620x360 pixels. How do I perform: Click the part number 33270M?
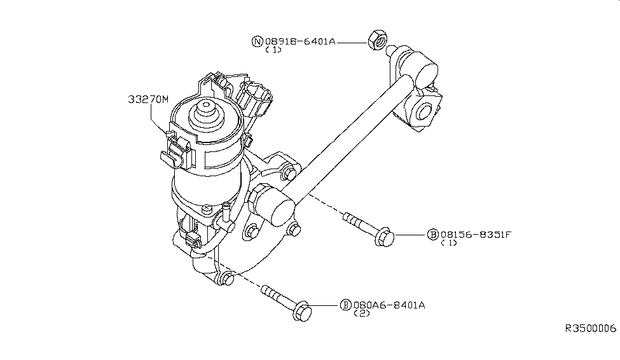point(148,99)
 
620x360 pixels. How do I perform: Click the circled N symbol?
point(258,41)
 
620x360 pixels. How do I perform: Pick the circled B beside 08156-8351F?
point(433,235)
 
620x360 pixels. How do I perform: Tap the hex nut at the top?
point(376,39)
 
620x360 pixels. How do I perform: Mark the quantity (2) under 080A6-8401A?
point(361,314)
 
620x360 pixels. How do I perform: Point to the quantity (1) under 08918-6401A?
point(273,50)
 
